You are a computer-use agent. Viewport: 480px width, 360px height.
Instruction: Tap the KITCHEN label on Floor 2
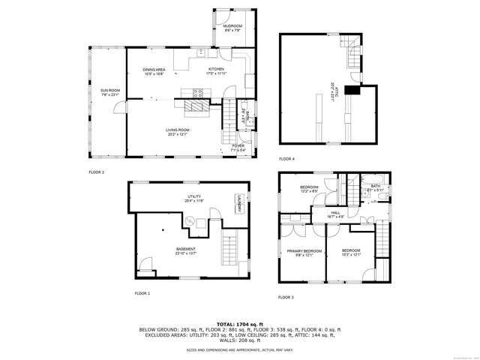[x=216, y=69]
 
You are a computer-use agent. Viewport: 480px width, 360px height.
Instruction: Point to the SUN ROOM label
[x=109, y=91]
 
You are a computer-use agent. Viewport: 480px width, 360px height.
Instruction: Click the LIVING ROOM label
[x=178, y=130]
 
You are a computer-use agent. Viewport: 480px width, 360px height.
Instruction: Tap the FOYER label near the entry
[x=238, y=145]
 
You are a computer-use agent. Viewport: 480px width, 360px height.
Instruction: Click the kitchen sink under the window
[x=201, y=52]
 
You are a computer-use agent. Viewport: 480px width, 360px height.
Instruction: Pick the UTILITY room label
[x=192, y=196]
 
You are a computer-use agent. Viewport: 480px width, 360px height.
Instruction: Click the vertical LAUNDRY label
[x=238, y=204]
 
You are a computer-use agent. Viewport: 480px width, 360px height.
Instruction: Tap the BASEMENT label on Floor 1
[x=186, y=249]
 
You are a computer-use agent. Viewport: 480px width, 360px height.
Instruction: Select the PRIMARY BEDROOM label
[x=304, y=250]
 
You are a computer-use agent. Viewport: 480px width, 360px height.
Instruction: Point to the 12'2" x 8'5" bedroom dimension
[x=310, y=191]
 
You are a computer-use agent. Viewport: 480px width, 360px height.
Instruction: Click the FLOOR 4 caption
[x=287, y=159]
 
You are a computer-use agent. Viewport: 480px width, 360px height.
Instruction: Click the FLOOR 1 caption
[x=142, y=293]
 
